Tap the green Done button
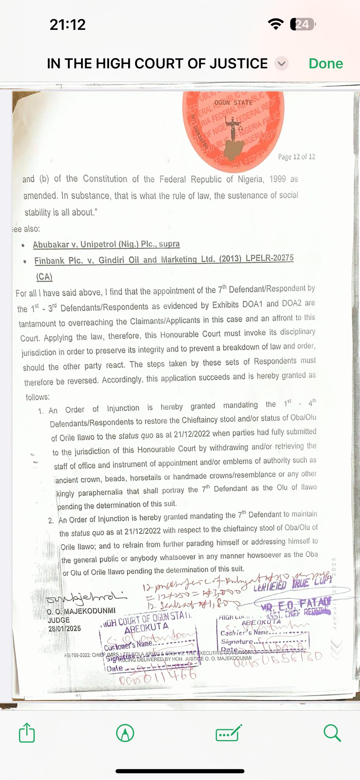point(326,64)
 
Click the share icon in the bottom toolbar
point(27,732)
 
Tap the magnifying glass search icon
point(332,732)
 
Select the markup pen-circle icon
point(125,733)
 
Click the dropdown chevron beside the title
point(281,64)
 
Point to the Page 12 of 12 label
point(296,157)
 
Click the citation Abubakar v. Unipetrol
point(106,244)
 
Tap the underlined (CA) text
point(45,277)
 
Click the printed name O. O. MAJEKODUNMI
point(81,610)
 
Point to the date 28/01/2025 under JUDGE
point(65,629)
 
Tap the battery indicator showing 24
point(303,24)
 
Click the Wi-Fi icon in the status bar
point(276,24)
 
